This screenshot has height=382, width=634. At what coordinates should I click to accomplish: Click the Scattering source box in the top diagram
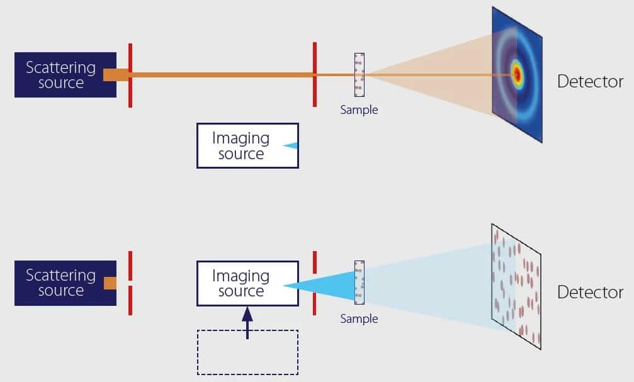point(60,75)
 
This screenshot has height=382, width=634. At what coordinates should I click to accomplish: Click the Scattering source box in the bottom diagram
point(60,283)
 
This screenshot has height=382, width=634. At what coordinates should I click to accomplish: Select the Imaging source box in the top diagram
point(247,146)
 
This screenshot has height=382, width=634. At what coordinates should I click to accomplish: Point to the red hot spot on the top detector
point(518,75)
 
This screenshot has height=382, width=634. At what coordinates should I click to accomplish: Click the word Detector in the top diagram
point(590,82)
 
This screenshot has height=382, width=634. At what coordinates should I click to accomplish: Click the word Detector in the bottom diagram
point(590,292)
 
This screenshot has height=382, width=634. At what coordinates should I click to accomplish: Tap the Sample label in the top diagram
point(359,110)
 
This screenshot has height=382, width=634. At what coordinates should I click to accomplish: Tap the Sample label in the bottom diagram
point(359,319)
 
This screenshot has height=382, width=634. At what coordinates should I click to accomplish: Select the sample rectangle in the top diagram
point(359,75)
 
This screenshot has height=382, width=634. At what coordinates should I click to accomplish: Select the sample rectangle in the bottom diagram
point(359,283)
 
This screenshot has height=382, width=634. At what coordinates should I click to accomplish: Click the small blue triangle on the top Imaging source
point(290,146)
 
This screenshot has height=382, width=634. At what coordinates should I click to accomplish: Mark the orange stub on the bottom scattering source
point(110,283)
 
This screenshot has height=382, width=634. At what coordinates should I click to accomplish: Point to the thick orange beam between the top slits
point(220,75)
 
